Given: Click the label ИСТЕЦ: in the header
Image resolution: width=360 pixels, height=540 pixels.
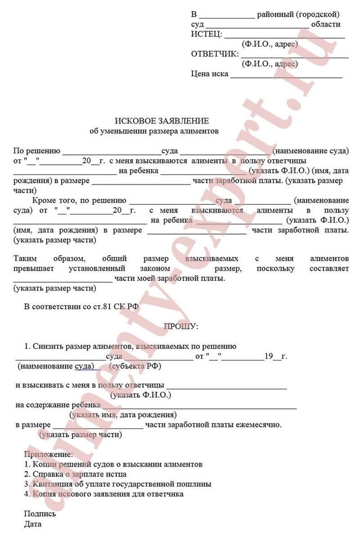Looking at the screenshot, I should [x=206, y=34].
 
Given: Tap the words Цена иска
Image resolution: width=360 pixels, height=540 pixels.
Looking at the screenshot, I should [x=210, y=74].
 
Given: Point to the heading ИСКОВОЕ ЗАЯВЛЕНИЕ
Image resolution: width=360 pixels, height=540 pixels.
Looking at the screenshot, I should [x=162, y=121].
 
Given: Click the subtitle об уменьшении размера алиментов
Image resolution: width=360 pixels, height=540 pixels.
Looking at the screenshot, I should [x=154, y=132].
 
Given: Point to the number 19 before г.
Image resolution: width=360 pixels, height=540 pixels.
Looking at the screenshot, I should [x=269, y=356].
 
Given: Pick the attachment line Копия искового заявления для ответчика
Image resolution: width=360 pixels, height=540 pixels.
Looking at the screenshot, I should [x=103, y=494].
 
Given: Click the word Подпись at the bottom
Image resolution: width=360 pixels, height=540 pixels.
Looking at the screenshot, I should [x=40, y=514].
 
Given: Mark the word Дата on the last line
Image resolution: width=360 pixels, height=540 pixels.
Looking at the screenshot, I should [x=33, y=524].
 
